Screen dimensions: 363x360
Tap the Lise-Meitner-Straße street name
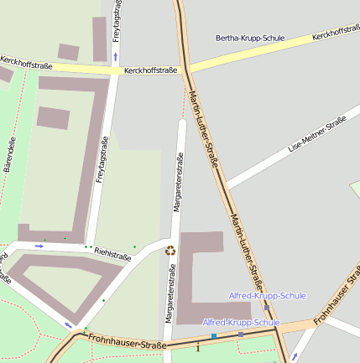(317, 134)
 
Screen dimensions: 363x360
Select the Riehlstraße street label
(113, 253)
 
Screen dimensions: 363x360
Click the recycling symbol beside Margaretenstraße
(170, 250)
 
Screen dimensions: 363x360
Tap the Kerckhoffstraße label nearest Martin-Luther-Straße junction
(150, 70)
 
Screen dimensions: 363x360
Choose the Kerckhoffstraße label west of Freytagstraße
(26, 63)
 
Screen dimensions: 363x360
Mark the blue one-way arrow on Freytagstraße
(115, 56)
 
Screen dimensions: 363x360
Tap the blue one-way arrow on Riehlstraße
(39, 246)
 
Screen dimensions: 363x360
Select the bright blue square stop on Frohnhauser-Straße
(214, 336)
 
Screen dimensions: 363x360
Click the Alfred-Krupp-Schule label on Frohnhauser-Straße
(241, 322)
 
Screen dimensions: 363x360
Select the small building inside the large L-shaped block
(53, 117)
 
